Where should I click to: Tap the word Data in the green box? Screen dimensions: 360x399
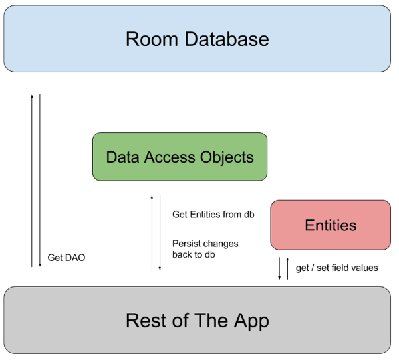click(x=120, y=157)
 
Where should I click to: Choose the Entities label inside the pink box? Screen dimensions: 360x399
click(x=331, y=225)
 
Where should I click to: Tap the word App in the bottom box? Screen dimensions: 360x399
click(x=249, y=321)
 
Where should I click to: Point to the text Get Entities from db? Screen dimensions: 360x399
click(x=213, y=214)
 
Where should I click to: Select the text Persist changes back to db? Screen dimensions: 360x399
click(x=205, y=248)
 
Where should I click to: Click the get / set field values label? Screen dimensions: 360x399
click(x=336, y=268)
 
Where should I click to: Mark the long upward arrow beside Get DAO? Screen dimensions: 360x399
click(x=32, y=179)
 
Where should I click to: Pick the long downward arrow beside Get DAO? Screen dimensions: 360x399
click(x=40, y=179)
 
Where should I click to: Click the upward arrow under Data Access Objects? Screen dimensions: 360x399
click(x=152, y=232)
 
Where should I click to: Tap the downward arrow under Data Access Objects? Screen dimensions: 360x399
click(x=160, y=232)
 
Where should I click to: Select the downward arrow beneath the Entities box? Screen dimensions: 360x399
click(x=280, y=268)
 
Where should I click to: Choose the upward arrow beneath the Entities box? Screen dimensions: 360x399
click(x=287, y=268)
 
